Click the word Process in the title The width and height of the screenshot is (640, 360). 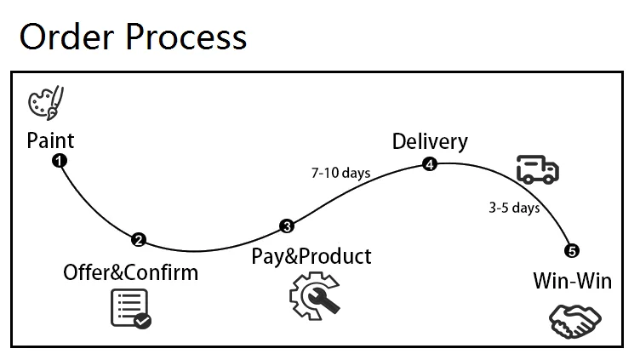[188, 37]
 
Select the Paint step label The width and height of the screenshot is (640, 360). [50, 140]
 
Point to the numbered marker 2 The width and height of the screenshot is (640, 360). [139, 240]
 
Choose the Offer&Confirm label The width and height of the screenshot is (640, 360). [130, 272]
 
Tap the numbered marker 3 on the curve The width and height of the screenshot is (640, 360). [287, 226]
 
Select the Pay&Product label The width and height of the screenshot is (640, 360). [311, 254]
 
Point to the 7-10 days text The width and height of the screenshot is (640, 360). [340, 174]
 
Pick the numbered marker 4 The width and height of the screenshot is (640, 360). [430, 164]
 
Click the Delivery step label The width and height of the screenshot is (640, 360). [430, 141]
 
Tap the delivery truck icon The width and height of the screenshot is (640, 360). [538, 169]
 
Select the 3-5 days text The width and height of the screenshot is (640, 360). [514, 207]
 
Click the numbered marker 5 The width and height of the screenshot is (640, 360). [572, 250]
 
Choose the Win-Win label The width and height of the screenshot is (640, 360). [572, 280]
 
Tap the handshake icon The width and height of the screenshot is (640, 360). [575, 320]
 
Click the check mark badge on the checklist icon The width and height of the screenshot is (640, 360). [143, 321]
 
